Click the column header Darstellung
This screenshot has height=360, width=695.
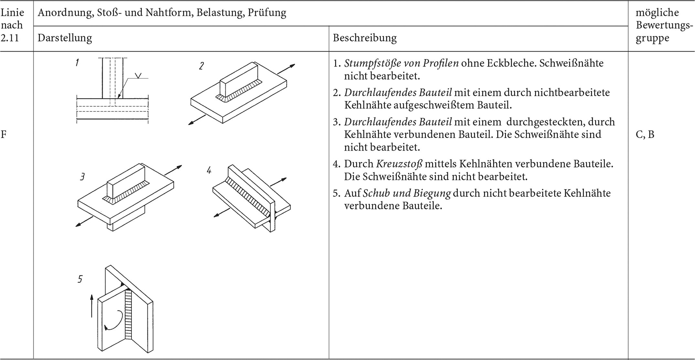(x=65, y=38)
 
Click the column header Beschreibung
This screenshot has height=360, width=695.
(x=365, y=38)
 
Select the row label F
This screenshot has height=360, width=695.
(x=4, y=134)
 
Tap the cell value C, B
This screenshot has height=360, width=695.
(x=645, y=134)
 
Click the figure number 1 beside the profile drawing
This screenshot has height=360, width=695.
(x=77, y=62)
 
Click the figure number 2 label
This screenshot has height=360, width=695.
(x=201, y=66)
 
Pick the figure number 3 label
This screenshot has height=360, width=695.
(x=82, y=177)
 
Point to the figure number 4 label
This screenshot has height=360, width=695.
(x=209, y=170)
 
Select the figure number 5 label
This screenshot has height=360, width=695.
(x=80, y=279)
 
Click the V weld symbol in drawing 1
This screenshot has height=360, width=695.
(x=138, y=76)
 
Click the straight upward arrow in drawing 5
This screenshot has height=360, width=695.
(x=92, y=305)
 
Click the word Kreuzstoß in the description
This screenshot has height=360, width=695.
(x=399, y=164)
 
